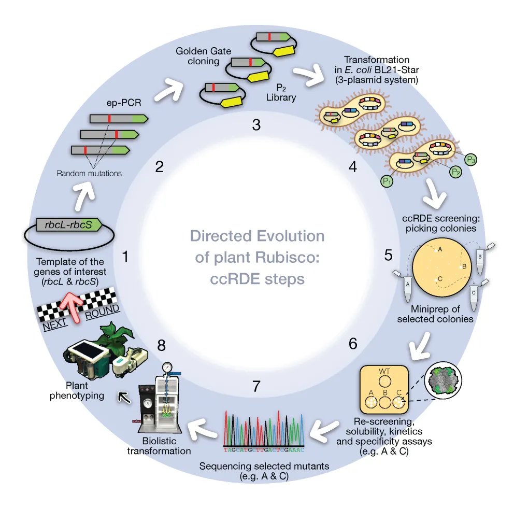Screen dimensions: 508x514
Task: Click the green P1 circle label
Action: click(387, 181)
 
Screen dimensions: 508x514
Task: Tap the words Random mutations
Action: click(89, 173)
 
